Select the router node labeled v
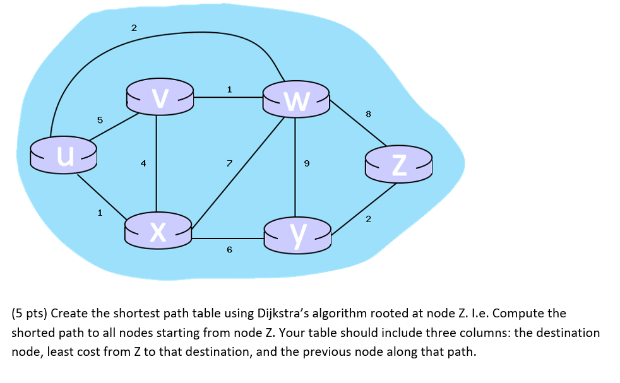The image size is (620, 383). coord(160,97)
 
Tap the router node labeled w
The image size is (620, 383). coord(296,100)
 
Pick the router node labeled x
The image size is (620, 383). coord(158,231)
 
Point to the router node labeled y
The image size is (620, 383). coord(297,235)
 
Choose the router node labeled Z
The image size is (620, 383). coord(398,164)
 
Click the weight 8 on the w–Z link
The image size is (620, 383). coord(369,114)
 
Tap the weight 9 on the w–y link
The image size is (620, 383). coord(307,163)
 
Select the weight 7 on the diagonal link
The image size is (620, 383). coord(229,163)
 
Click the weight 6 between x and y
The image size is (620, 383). coord(229,250)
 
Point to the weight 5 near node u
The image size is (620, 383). coord(99,119)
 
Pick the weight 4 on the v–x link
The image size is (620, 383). coord(143,163)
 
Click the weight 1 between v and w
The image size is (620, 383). coord(229,90)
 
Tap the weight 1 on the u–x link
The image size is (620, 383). coord(99,213)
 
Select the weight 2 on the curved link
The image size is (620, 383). coord(133,28)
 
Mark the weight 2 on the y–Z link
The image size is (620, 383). coord(369,219)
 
